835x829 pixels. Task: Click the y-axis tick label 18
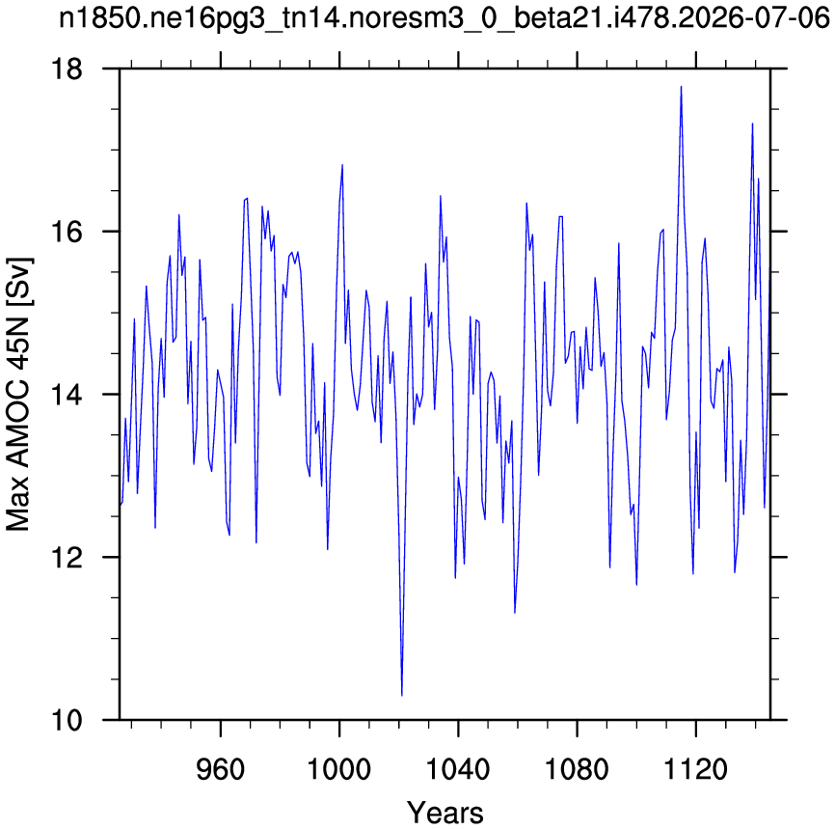point(67,69)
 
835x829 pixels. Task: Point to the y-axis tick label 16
point(67,232)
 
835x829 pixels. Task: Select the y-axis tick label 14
point(67,395)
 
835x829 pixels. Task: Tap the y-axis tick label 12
point(67,558)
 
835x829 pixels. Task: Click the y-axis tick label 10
point(67,720)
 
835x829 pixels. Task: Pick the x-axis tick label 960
point(221,769)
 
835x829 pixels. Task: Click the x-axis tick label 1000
point(339,769)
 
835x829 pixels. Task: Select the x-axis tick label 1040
point(458,769)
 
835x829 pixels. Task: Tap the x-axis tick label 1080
point(577,769)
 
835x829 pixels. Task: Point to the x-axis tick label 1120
point(695,769)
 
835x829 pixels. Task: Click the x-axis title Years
point(445,813)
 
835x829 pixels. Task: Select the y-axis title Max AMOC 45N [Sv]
point(18,395)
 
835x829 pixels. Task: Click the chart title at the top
point(444,19)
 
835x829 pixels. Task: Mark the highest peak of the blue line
point(681,86)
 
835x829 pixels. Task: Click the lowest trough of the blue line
point(401,695)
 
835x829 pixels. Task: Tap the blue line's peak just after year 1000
point(342,165)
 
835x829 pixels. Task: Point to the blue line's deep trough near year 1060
point(515,613)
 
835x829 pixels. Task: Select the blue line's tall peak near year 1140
point(752,124)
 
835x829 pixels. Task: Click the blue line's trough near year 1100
point(636,585)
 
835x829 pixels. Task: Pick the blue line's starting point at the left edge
point(120,505)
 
